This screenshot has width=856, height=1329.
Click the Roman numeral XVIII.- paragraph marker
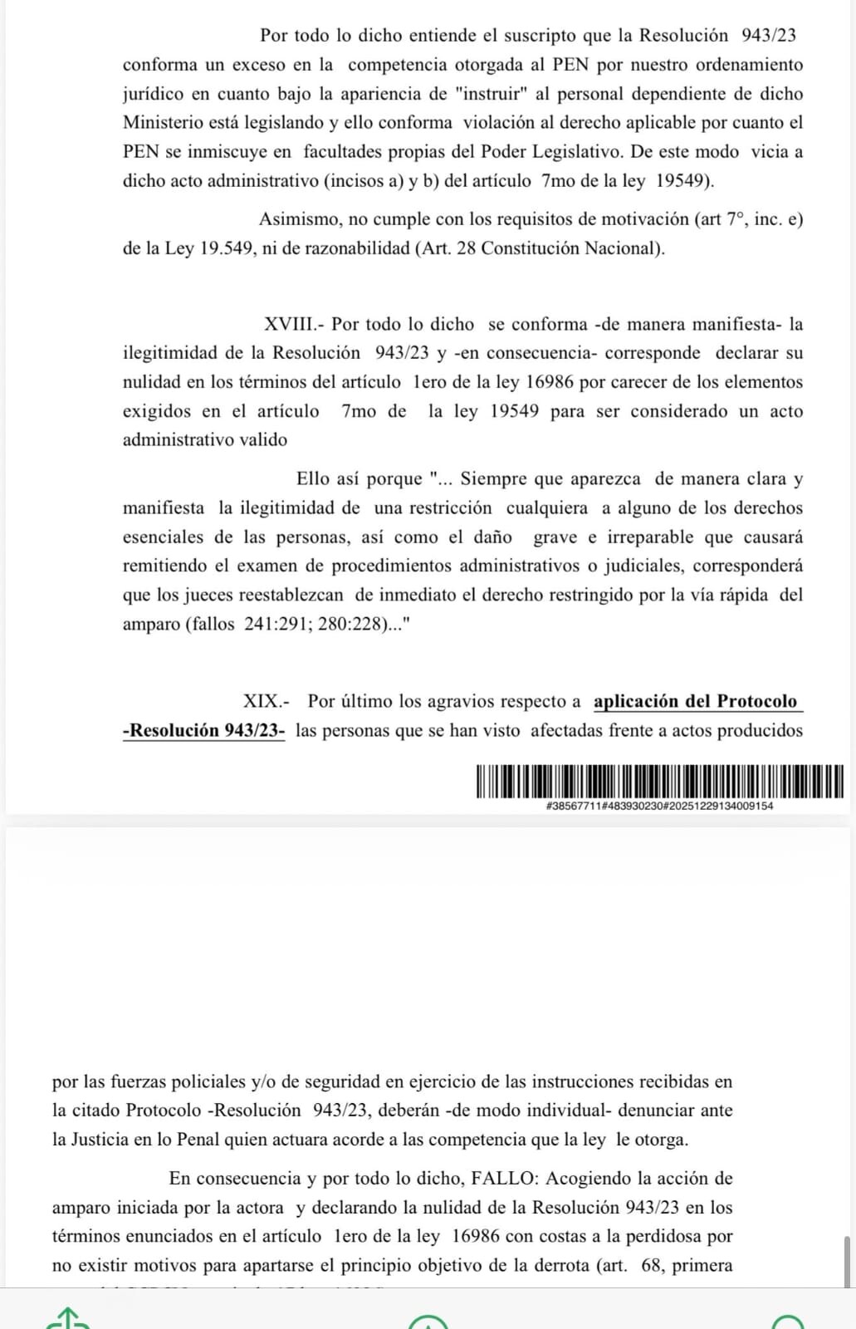[x=293, y=324]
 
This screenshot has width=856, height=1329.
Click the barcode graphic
[x=659, y=782]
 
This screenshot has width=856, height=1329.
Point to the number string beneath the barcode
[x=659, y=806]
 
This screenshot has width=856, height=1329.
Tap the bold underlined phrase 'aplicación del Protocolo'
[x=695, y=701]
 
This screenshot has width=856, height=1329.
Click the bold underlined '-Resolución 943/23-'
[x=204, y=730]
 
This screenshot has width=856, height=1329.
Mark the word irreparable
[x=651, y=537]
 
